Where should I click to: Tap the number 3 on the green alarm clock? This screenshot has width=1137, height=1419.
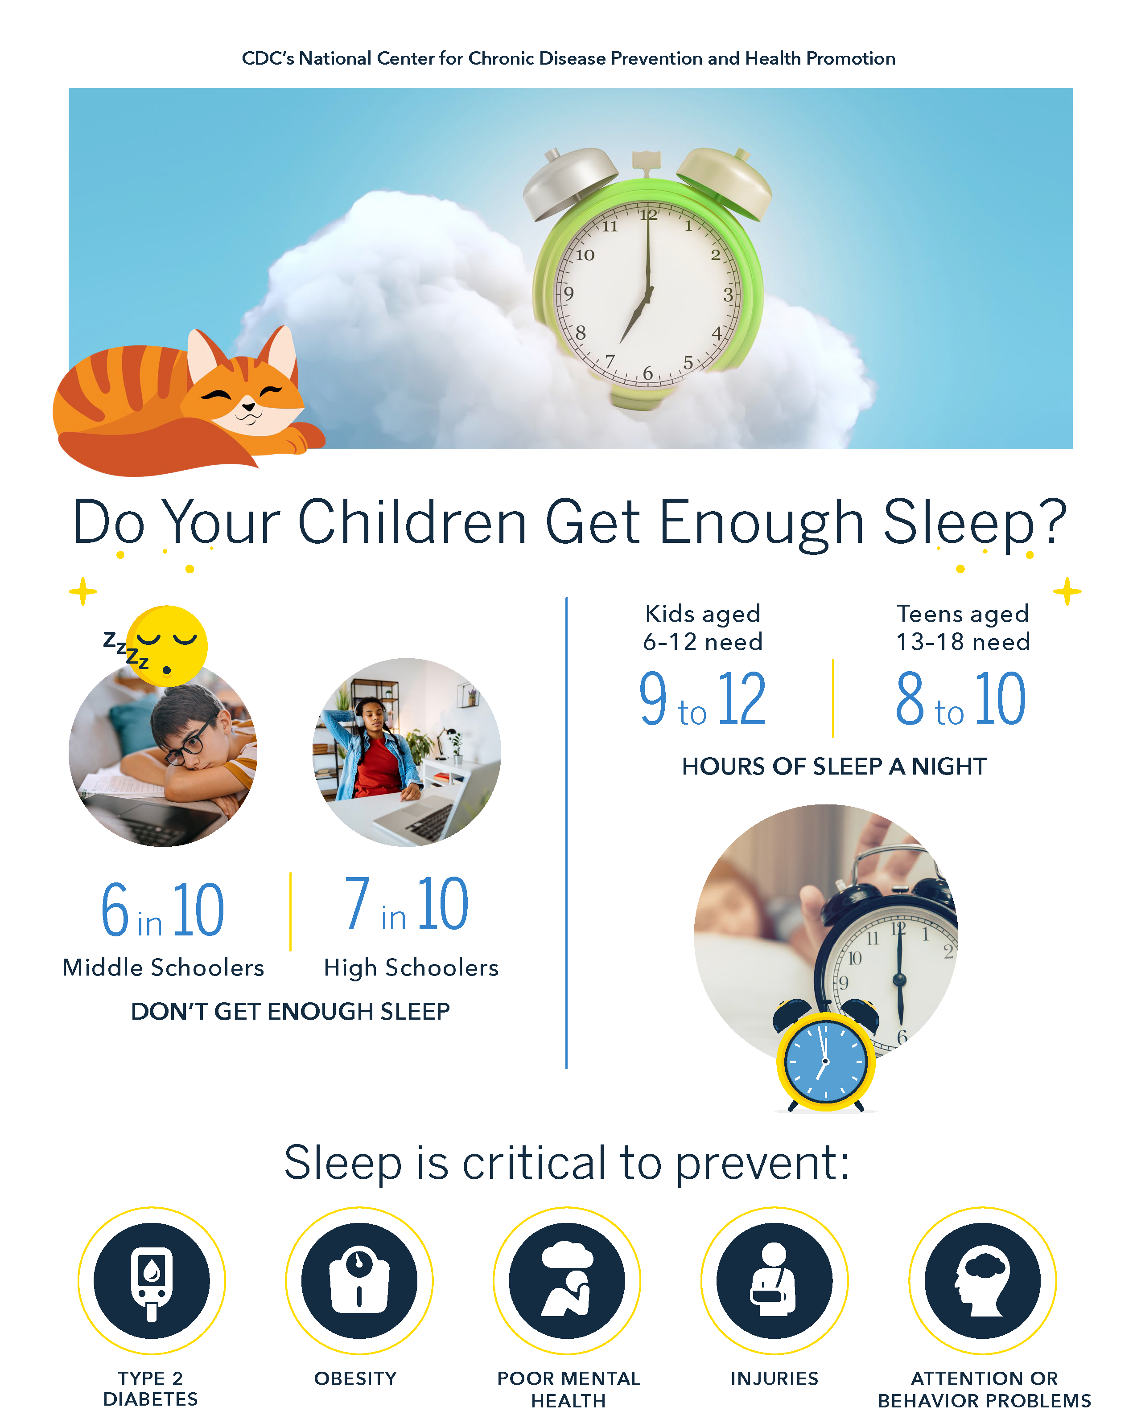click(728, 294)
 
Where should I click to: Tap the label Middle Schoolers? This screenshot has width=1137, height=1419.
click(163, 968)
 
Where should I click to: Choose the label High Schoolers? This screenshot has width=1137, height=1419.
click(411, 968)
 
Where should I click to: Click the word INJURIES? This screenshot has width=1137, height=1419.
click(774, 1378)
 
